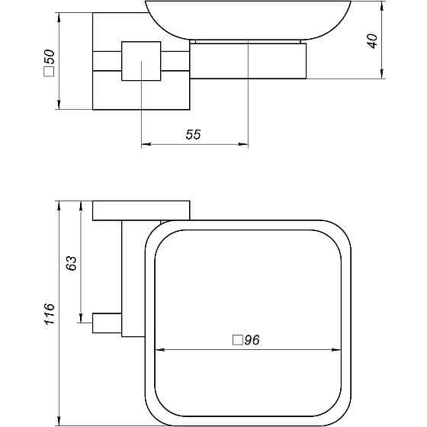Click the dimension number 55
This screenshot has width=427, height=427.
pos(194,134)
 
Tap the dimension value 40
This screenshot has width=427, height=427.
pos(373,41)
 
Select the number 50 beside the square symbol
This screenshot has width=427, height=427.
pos(50,56)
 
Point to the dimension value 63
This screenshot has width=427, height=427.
pos(72,263)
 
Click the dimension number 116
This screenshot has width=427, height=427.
pos(50,313)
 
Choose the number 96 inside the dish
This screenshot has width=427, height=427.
pos(252,340)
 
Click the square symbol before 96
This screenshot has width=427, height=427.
pos(237,340)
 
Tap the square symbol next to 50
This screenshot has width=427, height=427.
pos(50,72)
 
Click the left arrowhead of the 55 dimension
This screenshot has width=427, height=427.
pos(146,144)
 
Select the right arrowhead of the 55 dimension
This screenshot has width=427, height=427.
pos(243,144)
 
